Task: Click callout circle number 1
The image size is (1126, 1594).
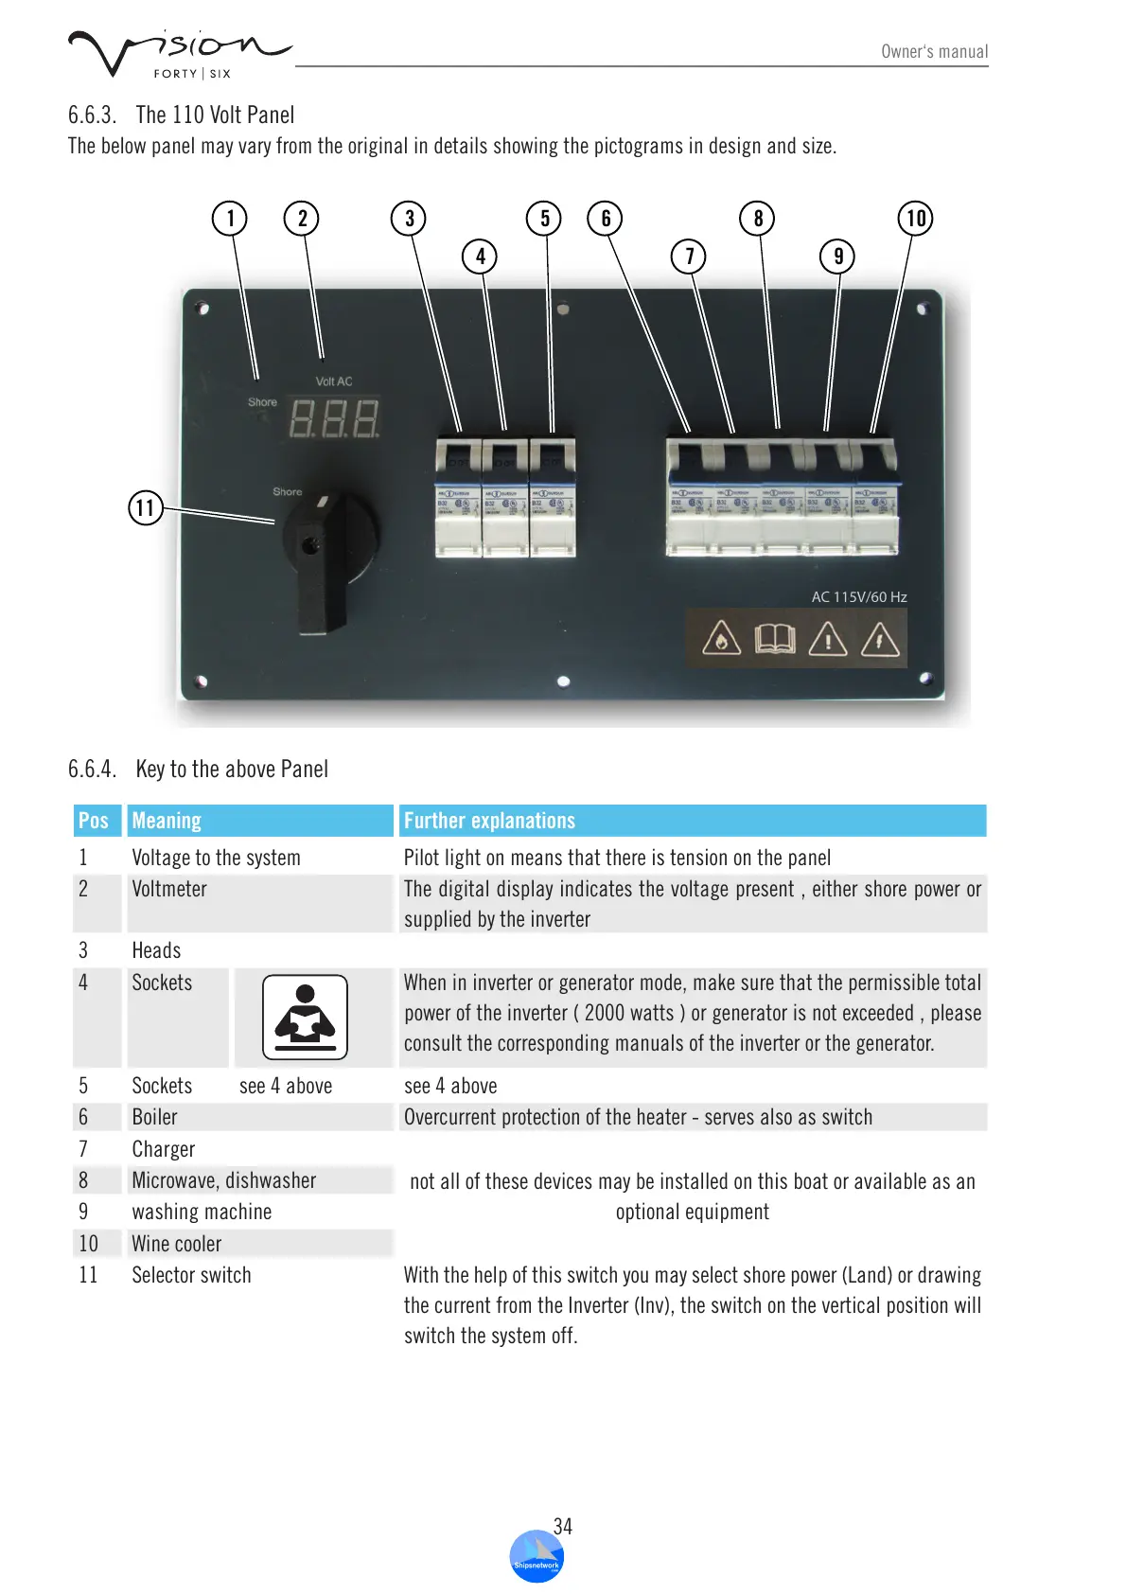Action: click(230, 219)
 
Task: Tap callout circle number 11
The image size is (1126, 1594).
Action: click(146, 508)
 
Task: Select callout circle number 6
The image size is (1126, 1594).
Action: click(606, 219)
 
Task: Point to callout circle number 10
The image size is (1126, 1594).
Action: click(915, 219)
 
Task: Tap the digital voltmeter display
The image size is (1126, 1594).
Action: click(334, 418)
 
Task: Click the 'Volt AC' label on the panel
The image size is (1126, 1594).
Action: click(333, 381)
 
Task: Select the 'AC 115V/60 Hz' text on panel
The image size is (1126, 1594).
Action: click(858, 597)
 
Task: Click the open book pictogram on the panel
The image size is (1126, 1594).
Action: click(775, 639)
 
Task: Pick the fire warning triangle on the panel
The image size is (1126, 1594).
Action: click(721, 639)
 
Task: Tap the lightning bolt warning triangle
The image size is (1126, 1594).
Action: click(880, 639)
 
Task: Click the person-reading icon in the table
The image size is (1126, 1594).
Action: click(305, 1018)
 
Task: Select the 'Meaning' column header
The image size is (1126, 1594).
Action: click(167, 821)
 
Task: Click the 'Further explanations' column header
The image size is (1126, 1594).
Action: click(489, 821)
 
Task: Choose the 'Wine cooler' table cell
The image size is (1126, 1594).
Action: click(177, 1244)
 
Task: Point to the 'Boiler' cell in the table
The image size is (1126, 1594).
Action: click(155, 1117)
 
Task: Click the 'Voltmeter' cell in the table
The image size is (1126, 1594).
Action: click(169, 889)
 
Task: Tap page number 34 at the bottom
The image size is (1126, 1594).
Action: click(563, 1526)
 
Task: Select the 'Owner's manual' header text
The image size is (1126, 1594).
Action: click(934, 52)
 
